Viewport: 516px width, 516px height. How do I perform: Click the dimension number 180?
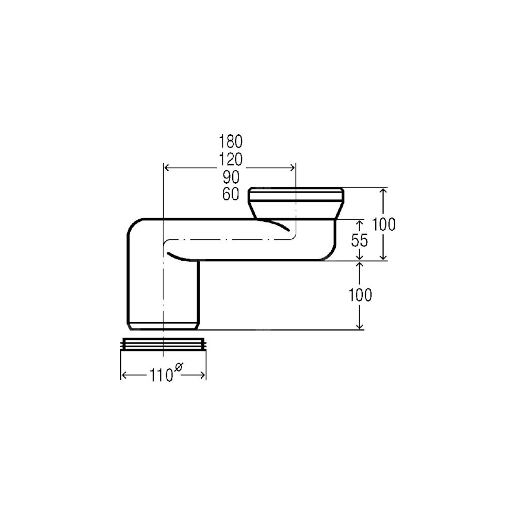231,141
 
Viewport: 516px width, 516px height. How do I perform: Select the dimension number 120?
231,159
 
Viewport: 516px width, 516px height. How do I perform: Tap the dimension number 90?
231,178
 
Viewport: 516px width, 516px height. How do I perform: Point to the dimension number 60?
231,194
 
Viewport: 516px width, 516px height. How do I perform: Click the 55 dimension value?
359,240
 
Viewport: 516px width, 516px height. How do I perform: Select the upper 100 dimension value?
384,224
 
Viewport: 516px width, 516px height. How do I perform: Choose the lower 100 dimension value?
360,295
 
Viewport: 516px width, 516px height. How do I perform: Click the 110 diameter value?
162,375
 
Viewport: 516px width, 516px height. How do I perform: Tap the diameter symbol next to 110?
179,366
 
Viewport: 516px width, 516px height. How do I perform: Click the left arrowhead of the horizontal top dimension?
167,168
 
